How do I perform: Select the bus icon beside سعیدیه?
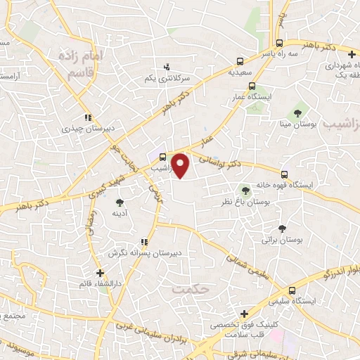(241, 61)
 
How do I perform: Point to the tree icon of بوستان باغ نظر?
(245, 189)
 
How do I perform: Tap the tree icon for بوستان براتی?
(282, 228)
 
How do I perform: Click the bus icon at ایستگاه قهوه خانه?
(285, 173)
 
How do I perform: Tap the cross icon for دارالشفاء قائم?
(100, 273)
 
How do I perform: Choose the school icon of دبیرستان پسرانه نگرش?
(144, 242)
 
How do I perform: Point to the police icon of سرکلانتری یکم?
(166, 67)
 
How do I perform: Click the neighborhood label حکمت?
(186, 288)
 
